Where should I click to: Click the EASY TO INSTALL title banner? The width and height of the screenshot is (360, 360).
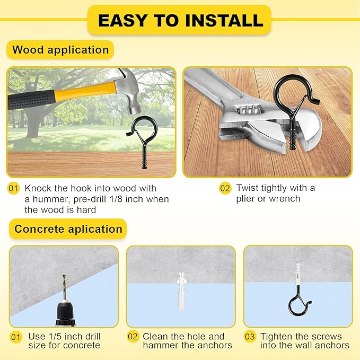(x=180, y=20)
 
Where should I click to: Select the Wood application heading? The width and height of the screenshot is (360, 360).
(x=60, y=50)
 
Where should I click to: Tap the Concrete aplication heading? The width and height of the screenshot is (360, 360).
(x=68, y=229)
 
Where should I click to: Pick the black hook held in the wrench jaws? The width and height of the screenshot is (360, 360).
(x=288, y=101)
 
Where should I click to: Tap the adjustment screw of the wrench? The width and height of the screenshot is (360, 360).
(x=247, y=112)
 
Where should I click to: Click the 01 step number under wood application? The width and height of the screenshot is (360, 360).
(x=13, y=188)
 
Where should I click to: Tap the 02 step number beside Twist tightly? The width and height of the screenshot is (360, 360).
(x=225, y=188)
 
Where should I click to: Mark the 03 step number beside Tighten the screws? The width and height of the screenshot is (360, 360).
(x=249, y=337)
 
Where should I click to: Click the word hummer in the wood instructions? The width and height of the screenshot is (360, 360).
(x=50, y=199)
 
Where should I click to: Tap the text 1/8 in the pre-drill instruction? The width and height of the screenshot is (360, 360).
(x=129, y=199)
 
